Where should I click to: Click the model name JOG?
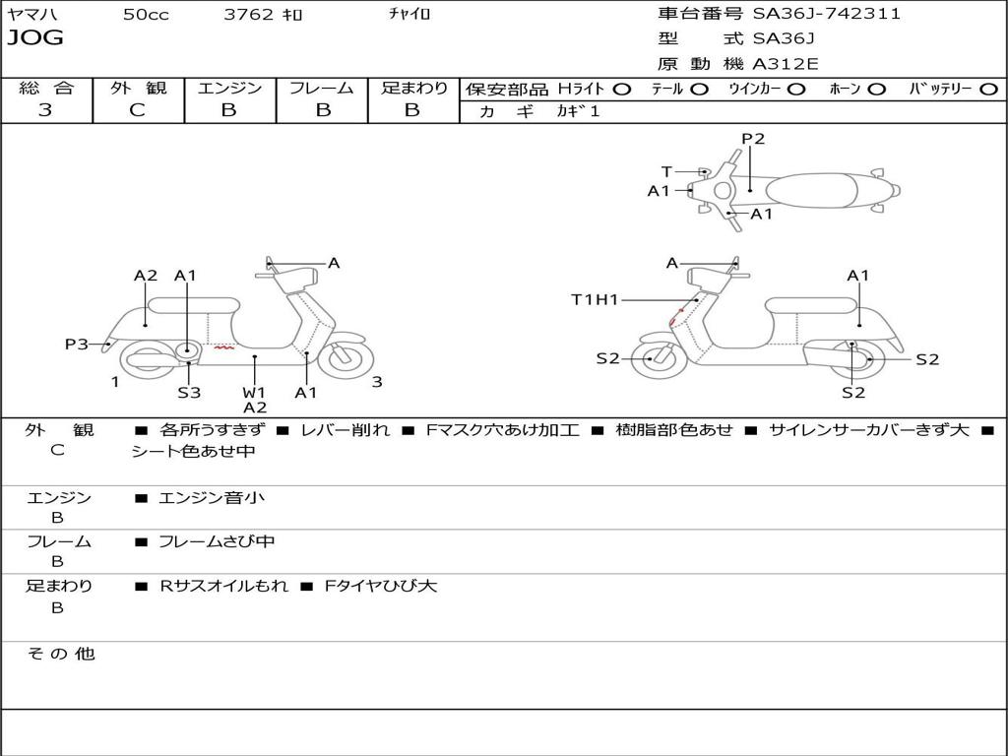tap(34, 38)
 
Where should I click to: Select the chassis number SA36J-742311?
tap(827, 14)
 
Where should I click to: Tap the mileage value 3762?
tap(249, 15)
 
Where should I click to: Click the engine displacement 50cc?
tap(146, 15)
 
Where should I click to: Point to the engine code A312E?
tap(785, 65)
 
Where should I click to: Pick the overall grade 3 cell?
tap(45, 110)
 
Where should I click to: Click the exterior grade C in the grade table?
tap(137, 110)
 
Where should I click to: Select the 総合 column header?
tap(45, 88)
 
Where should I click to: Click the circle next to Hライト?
tap(622, 89)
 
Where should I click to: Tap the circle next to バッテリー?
tap(988, 89)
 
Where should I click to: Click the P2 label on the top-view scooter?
tap(753, 139)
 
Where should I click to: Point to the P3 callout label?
tap(77, 345)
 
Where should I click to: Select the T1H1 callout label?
tap(595, 299)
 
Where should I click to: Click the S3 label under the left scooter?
tap(189, 393)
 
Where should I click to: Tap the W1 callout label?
tap(254, 393)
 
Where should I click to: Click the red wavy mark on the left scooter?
tap(224, 347)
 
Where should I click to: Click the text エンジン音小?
tap(212, 498)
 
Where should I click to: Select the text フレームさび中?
tap(217, 541)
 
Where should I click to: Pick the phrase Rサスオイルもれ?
tap(224, 586)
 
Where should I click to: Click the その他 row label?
tap(61, 654)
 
